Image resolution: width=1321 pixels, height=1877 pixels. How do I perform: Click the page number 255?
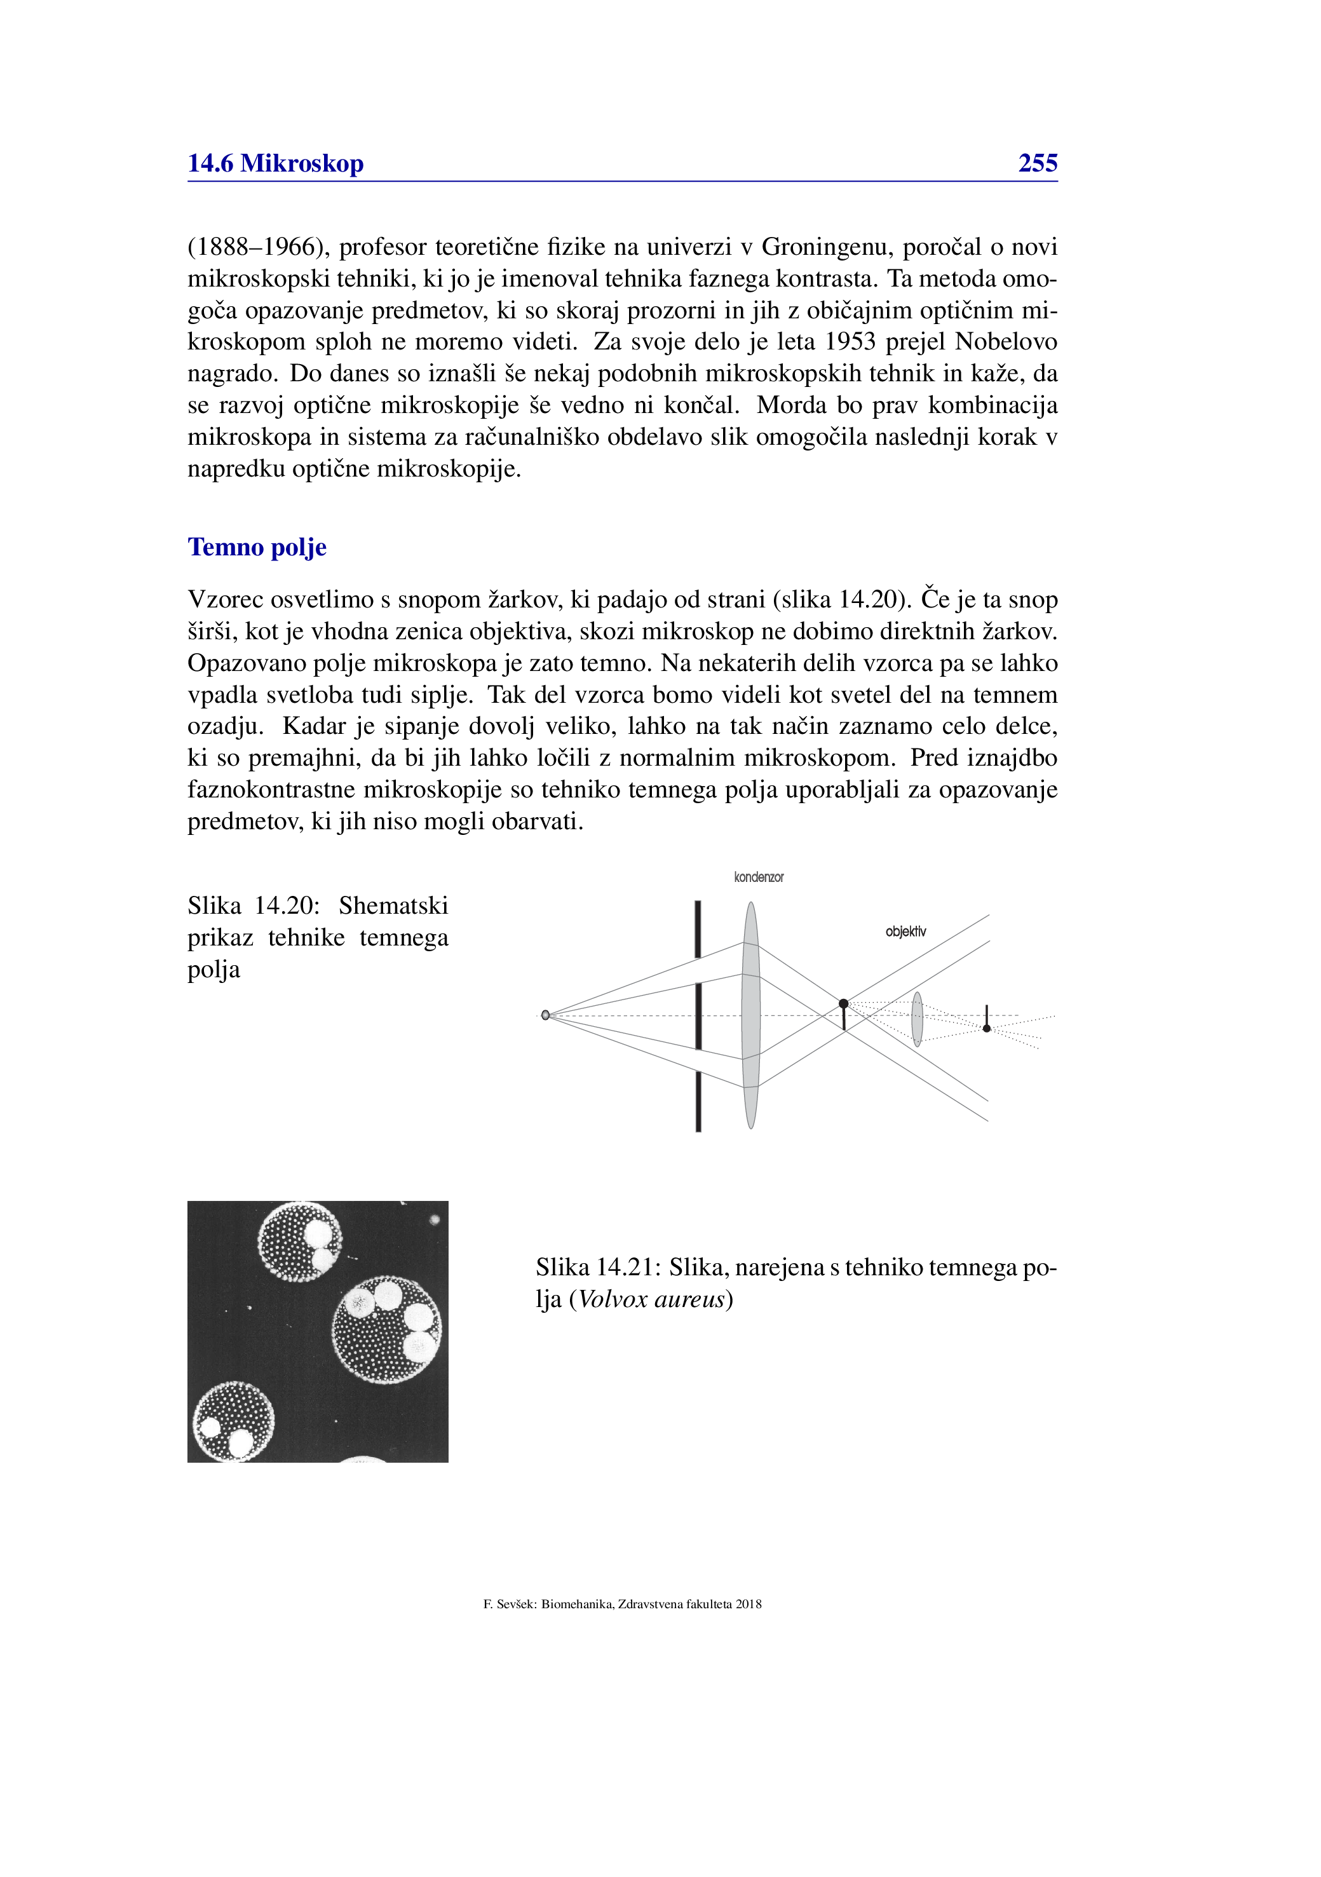pos(1038,163)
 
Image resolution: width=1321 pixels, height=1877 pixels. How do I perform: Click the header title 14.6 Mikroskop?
pos(276,163)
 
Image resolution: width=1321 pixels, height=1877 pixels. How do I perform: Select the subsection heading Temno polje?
pos(257,547)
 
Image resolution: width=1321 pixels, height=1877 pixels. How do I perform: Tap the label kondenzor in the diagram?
pos(759,878)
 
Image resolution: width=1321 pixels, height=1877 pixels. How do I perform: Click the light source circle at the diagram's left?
pos(545,1015)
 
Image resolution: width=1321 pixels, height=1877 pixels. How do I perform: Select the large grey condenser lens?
pos(750,1015)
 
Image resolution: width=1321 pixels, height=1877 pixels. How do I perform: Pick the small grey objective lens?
pos(917,1019)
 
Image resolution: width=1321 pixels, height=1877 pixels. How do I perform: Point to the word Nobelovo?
pos(1006,342)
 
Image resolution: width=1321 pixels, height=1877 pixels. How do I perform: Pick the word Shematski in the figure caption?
pos(393,906)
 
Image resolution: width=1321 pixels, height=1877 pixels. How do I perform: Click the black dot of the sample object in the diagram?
pos(844,1003)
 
